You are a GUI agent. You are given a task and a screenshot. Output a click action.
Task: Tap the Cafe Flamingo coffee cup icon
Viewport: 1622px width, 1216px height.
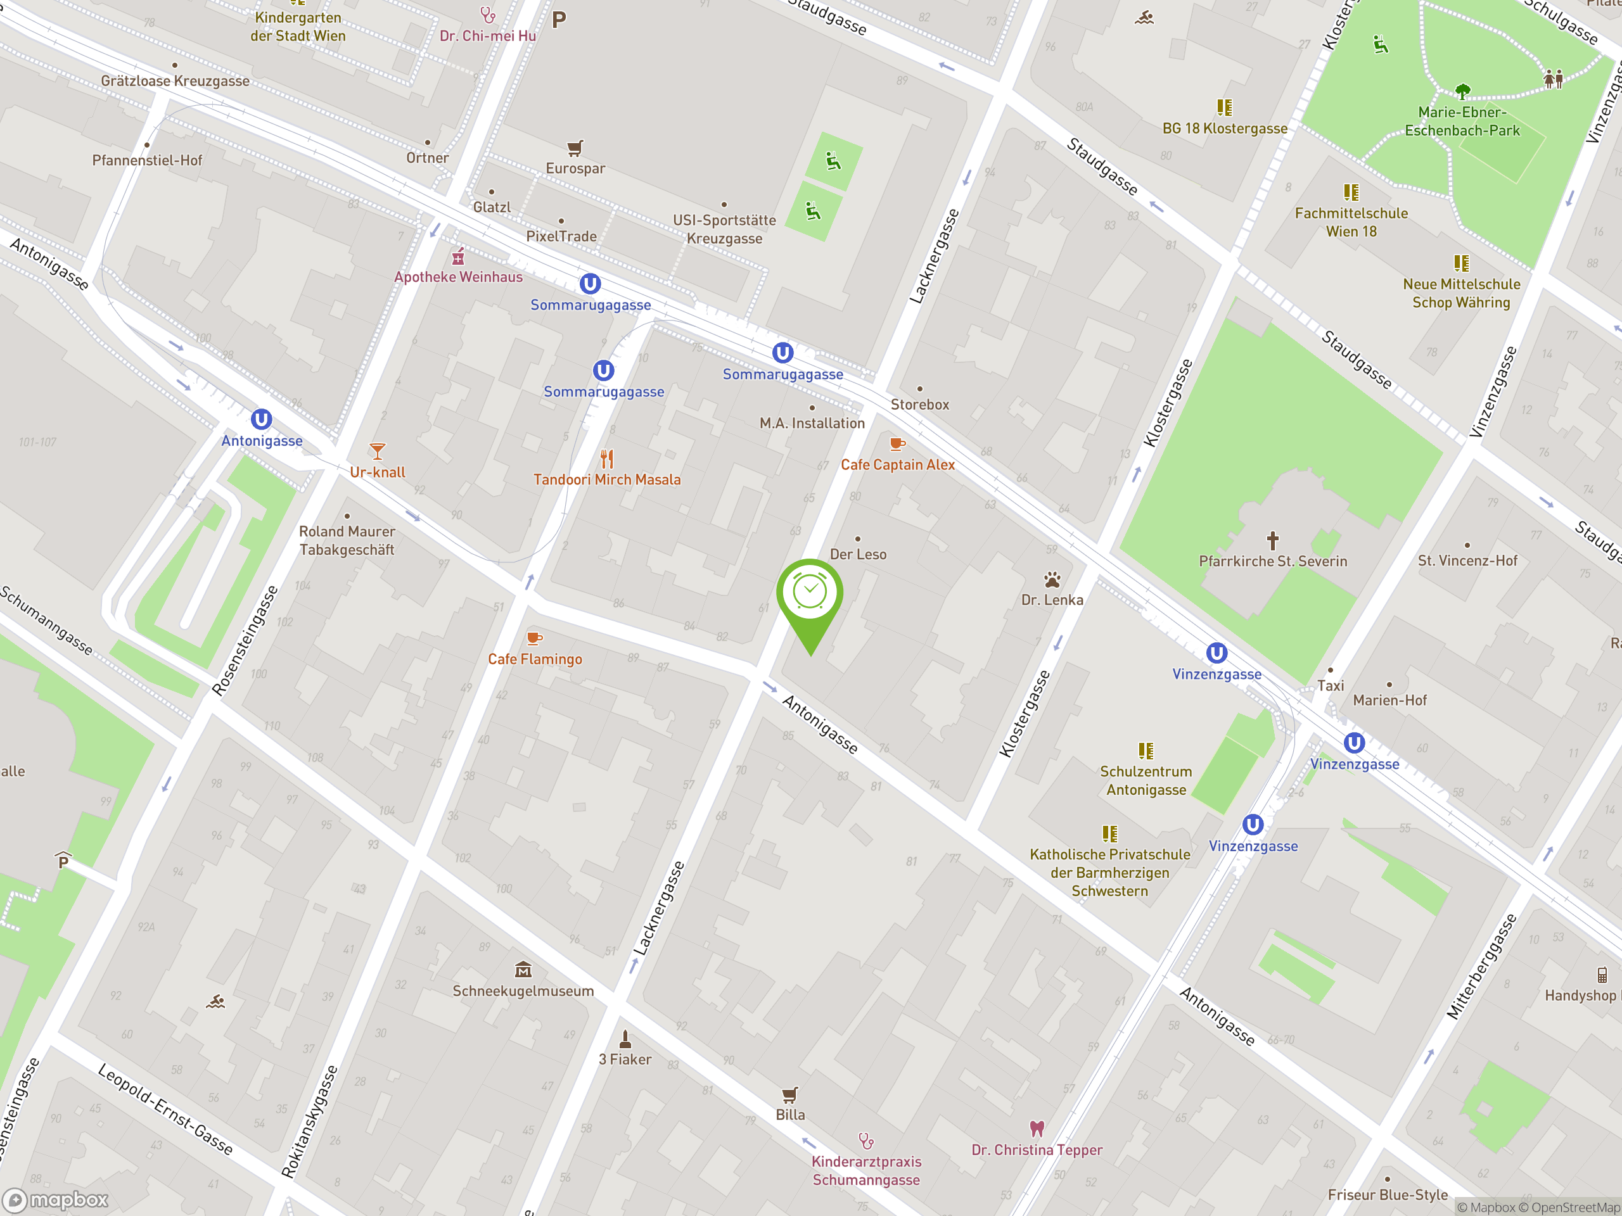click(535, 638)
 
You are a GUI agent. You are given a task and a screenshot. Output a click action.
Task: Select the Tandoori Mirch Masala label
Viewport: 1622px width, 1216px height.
click(606, 480)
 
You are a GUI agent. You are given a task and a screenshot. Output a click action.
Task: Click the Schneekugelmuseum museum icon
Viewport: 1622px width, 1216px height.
click(523, 970)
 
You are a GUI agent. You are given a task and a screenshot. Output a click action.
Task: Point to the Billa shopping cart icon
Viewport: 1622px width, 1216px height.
click(789, 1095)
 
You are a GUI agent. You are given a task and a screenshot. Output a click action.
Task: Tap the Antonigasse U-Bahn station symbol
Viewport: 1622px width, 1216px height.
click(262, 419)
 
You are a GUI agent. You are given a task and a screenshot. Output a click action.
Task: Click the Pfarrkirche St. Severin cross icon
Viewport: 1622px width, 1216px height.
click(1273, 541)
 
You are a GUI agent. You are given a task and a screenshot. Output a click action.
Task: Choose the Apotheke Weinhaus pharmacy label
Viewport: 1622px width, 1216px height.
click(458, 277)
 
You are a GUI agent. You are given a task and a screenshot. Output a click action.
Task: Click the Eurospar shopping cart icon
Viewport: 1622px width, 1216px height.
click(575, 148)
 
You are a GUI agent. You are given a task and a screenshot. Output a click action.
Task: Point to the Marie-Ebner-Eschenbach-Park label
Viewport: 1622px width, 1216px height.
click(1462, 122)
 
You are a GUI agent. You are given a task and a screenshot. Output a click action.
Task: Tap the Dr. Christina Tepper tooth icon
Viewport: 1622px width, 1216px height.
click(1036, 1128)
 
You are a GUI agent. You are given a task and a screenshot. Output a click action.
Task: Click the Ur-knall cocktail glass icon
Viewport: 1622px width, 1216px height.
click(377, 451)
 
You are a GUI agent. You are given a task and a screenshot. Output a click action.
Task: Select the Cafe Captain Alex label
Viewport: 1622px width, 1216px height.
click(898, 465)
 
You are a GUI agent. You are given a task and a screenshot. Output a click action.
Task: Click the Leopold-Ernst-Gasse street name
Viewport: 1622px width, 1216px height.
click(165, 1109)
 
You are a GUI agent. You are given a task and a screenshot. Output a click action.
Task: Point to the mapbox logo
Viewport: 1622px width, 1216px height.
click(56, 1200)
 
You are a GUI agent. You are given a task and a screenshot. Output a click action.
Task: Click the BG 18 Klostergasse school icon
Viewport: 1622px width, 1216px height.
click(1225, 108)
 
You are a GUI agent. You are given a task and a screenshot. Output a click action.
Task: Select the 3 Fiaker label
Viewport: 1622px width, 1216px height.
click(625, 1060)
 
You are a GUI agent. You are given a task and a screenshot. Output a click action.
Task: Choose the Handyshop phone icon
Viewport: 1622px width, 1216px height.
click(1602, 975)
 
